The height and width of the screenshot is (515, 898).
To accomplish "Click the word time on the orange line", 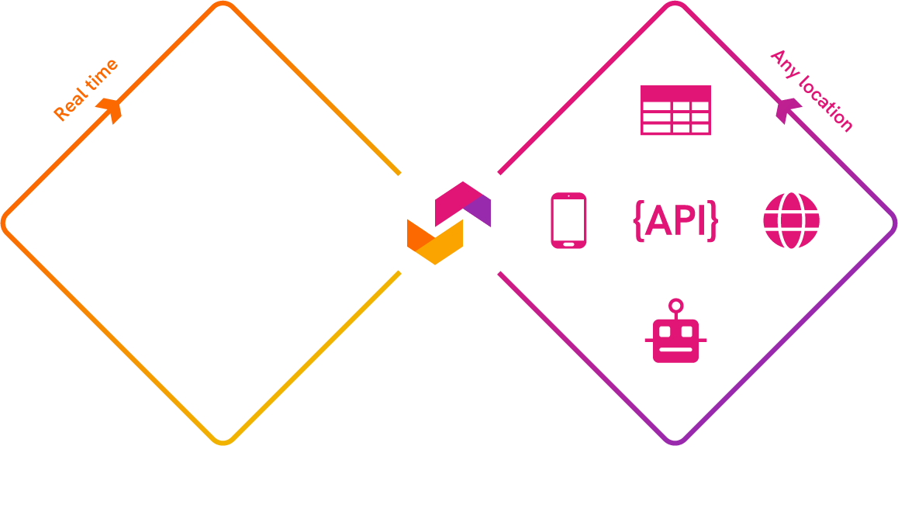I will click(103, 74).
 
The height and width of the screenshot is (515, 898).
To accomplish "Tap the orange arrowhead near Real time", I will click(112, 109).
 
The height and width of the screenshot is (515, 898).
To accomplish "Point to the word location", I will click(826, 105).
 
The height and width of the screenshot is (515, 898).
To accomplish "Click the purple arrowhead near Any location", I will click(788, 111).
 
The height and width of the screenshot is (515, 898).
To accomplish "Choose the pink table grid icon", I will click(675, 110).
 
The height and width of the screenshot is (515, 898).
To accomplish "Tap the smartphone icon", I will click(568, 221).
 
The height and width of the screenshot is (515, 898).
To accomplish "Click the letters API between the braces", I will click(675, 221).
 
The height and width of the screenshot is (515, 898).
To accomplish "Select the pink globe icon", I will click(791, 221).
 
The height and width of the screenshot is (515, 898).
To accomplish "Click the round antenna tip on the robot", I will click(676, 305).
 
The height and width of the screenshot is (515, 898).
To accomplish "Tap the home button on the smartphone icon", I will click(568, 244).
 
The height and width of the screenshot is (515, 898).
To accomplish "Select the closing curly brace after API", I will click(713, 221).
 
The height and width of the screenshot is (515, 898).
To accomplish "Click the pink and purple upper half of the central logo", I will click(463, 202).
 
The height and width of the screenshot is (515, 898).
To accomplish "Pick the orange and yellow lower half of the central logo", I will click(434, 243).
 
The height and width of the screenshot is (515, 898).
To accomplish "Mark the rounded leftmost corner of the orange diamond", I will click(4, 223).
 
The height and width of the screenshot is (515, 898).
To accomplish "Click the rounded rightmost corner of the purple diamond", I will click(893, 223).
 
